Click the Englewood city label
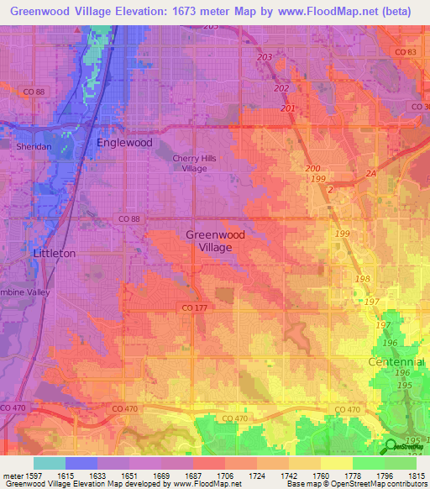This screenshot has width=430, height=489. (x=124, y=143)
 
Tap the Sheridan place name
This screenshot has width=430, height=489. (x=34, y=146)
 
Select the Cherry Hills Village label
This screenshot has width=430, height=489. (x=189, y=163)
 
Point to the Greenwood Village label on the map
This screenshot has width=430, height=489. (x=209, y=241)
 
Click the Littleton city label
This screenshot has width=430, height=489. (x=54, y=253)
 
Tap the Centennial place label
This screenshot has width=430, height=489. (x=396, y=362)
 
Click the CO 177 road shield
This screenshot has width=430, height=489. (x=192, y=308)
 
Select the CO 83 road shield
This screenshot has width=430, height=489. (x=405, y=52)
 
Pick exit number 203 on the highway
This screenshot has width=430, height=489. (x=265, y=56)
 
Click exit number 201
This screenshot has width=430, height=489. (x=288, y=108)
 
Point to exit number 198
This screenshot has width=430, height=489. (x=363, y=278)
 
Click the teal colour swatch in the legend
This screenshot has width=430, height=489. (x=50, y=462)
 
